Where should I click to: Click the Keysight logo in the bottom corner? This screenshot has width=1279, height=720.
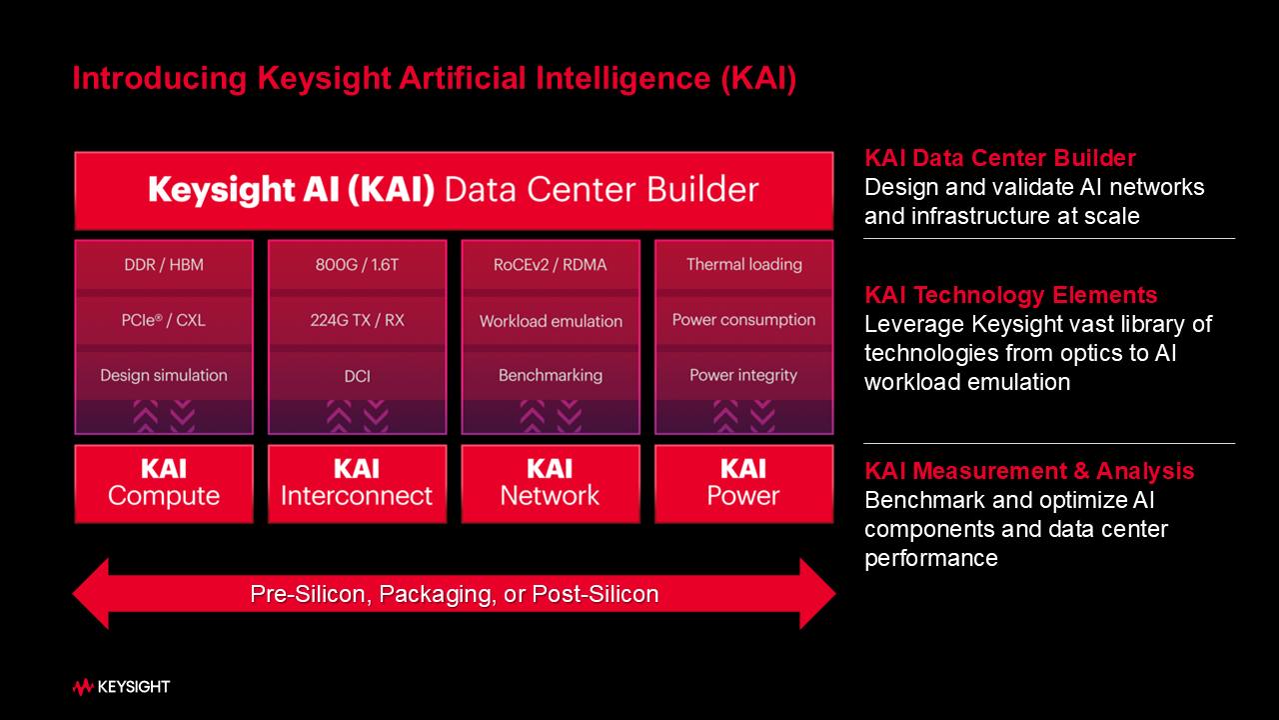121,687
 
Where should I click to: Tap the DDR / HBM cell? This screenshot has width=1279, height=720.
164,265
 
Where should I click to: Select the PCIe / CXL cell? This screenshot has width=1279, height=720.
164,320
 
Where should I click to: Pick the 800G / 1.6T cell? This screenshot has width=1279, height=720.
357,265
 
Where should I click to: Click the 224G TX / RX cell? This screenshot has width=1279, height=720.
357,320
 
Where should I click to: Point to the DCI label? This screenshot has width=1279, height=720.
357,375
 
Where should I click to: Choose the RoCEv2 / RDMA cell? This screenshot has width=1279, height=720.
551,265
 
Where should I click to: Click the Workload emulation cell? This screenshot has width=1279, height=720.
551,321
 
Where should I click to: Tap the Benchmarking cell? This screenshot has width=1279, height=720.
551,375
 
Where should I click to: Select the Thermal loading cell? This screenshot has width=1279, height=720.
743,265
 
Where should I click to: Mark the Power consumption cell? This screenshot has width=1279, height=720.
743,320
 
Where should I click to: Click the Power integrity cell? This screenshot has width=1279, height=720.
743,375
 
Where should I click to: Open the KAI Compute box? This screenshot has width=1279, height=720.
164,483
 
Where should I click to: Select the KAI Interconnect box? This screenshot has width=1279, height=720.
357,483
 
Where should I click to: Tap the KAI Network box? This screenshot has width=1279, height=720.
551,483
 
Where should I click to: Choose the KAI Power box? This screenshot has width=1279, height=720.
743,483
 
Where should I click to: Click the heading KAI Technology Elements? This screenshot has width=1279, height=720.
1010,295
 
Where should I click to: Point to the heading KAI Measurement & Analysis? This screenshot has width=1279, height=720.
1029,471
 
